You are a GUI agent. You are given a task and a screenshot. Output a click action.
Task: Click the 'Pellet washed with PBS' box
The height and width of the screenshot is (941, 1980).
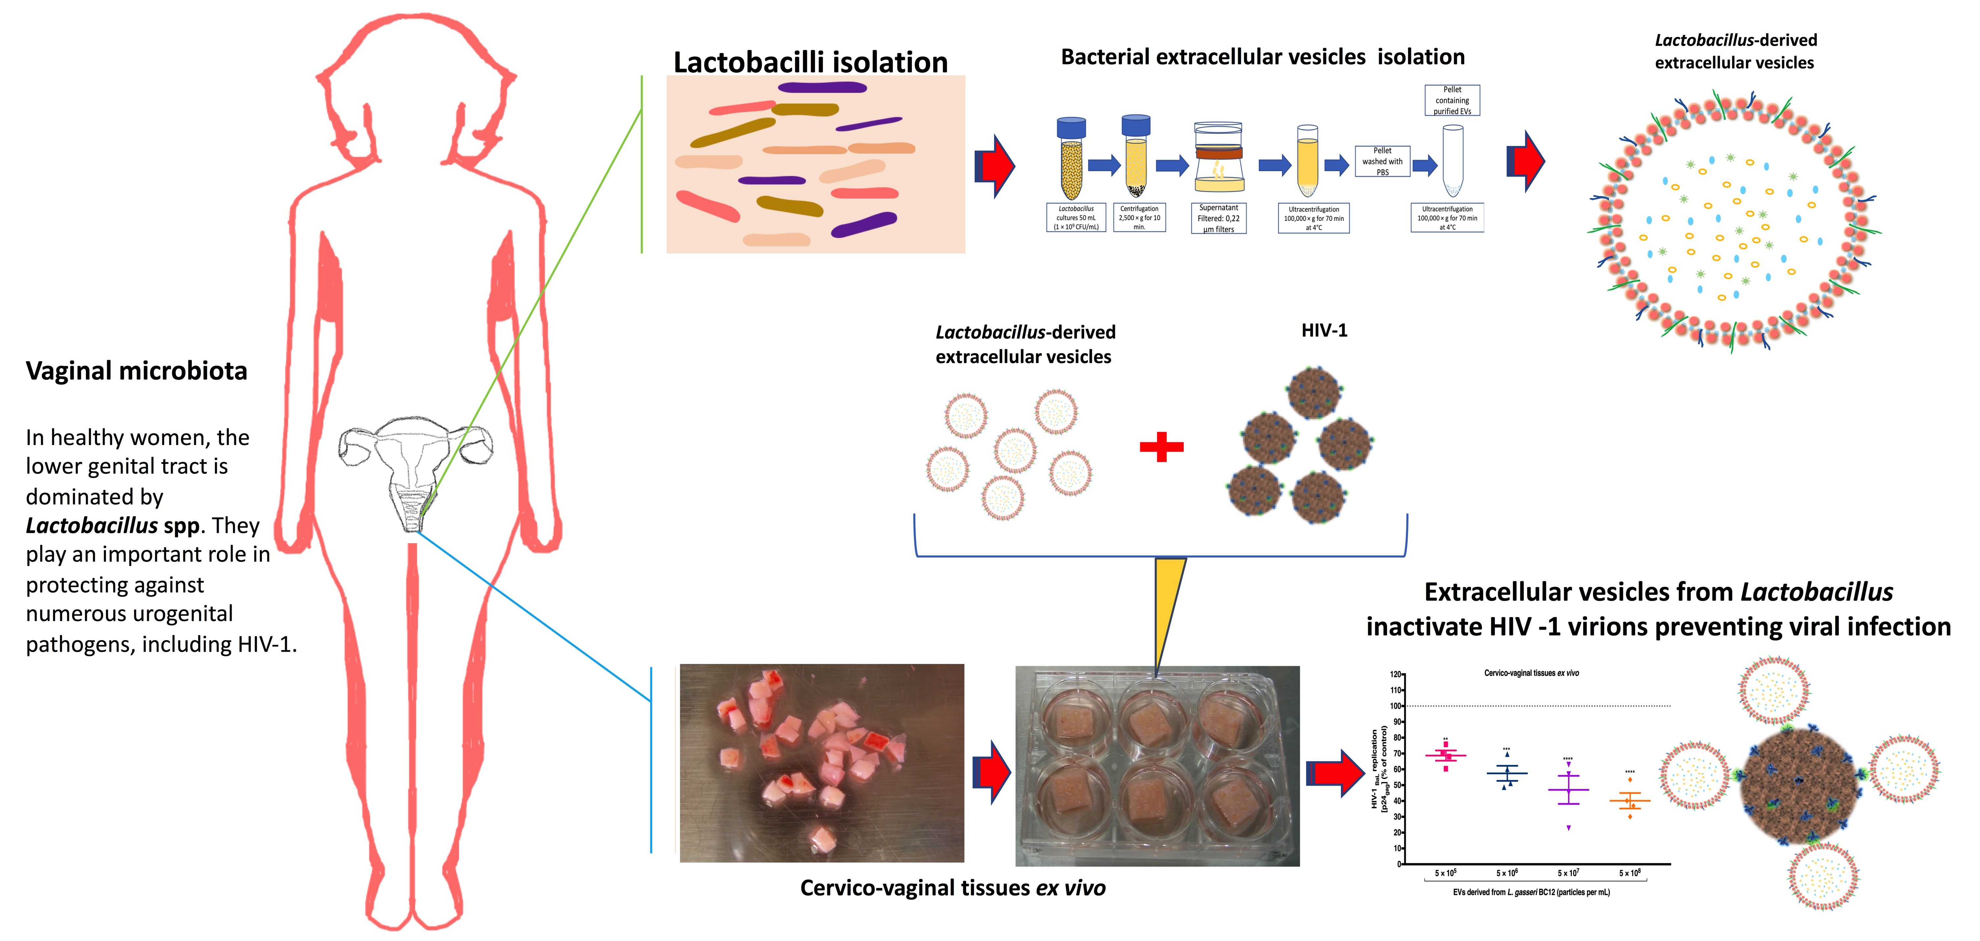coord(1382,162)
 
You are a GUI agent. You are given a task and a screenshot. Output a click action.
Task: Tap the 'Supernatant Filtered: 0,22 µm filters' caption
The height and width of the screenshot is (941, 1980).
coord(1218,218)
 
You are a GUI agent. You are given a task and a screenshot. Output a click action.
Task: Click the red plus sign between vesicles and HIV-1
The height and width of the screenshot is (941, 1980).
coord(1161,447)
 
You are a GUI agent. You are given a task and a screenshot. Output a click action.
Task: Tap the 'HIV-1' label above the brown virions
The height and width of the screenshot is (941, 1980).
coord(1324,330)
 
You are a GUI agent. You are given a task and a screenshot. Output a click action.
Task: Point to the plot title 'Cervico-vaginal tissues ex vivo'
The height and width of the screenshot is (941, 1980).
coord(1531,673)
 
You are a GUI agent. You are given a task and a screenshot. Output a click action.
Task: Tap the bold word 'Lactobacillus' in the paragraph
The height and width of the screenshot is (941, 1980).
coord(91,526)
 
